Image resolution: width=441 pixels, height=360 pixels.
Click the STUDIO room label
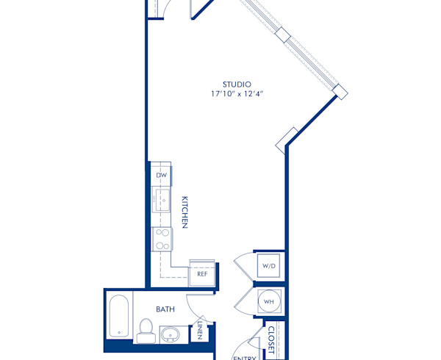[x=237, y=84]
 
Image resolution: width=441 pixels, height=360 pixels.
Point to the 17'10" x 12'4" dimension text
[x=237, y=94]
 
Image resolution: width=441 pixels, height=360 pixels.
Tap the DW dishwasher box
[x=161, y=176]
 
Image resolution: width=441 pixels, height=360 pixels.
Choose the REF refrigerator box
[x=202, y=273]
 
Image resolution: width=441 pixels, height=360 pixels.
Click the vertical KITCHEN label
[x=186, y=212]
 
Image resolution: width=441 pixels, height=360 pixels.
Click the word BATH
[x=165, y=310]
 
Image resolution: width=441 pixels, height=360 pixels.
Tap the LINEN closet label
[x=200, y=331]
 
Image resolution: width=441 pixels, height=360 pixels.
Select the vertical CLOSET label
[x=270, y=339]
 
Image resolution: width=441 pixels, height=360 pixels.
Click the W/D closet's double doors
[x=243, y=265]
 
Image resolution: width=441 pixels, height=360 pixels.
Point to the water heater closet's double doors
[x=243, y=301]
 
